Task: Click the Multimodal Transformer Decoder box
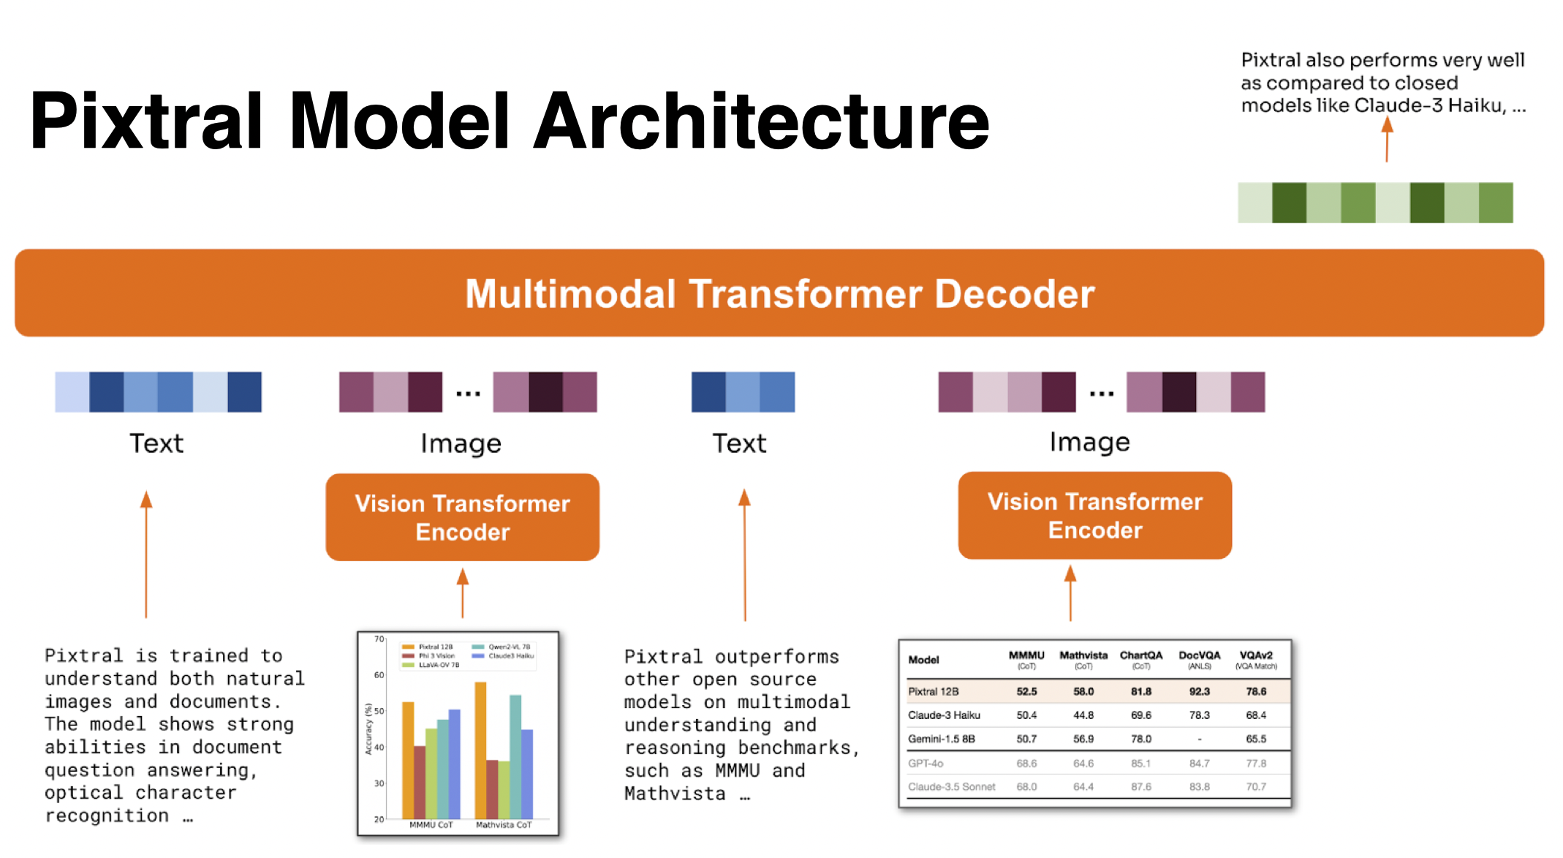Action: [779, 293]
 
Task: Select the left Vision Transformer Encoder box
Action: [462, 517]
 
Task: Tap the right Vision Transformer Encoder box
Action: [1094, 516]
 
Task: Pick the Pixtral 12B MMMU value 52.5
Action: [1026, 691]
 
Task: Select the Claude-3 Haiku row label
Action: [944, 715]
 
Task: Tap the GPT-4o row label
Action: [926, 764]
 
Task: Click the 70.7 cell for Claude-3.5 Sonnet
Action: [1256, 787]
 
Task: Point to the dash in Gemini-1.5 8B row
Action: [1199, 740]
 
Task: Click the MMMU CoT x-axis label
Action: [431, 825]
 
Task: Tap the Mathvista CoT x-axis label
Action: [504, 825]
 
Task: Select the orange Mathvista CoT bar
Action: [480, 750]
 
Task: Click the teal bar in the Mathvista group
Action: [515, 756]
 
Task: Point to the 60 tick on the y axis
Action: [379, 675]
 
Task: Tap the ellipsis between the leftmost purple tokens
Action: [468, 394]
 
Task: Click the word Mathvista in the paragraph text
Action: [674, 794]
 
